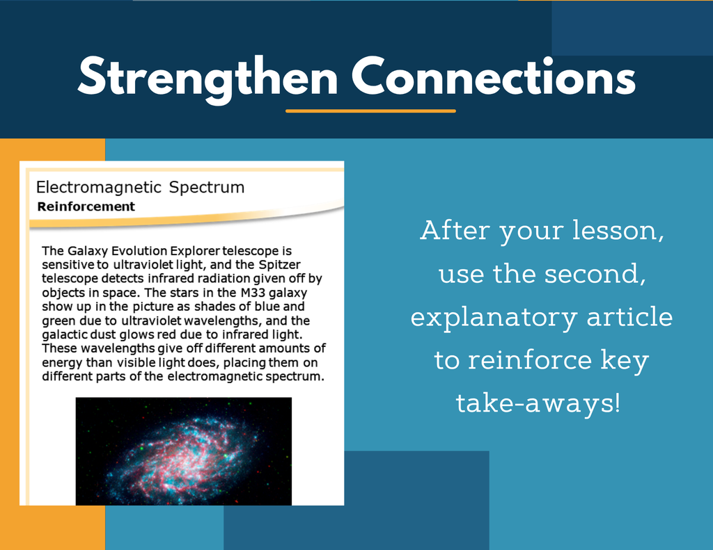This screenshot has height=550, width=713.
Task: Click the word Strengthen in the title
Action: (x=207, y=78)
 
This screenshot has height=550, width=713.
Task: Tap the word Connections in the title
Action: (x=494, y=76)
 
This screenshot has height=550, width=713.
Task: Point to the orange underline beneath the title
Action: (x=370, y=111)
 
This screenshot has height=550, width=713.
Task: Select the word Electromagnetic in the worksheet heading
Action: (x=99, y=187)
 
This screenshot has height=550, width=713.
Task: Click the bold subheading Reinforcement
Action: (x=86, y=207)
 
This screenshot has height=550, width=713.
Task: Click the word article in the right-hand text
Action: (x=629, y=316)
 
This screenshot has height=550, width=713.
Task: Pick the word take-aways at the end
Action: (x=538, y=403)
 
